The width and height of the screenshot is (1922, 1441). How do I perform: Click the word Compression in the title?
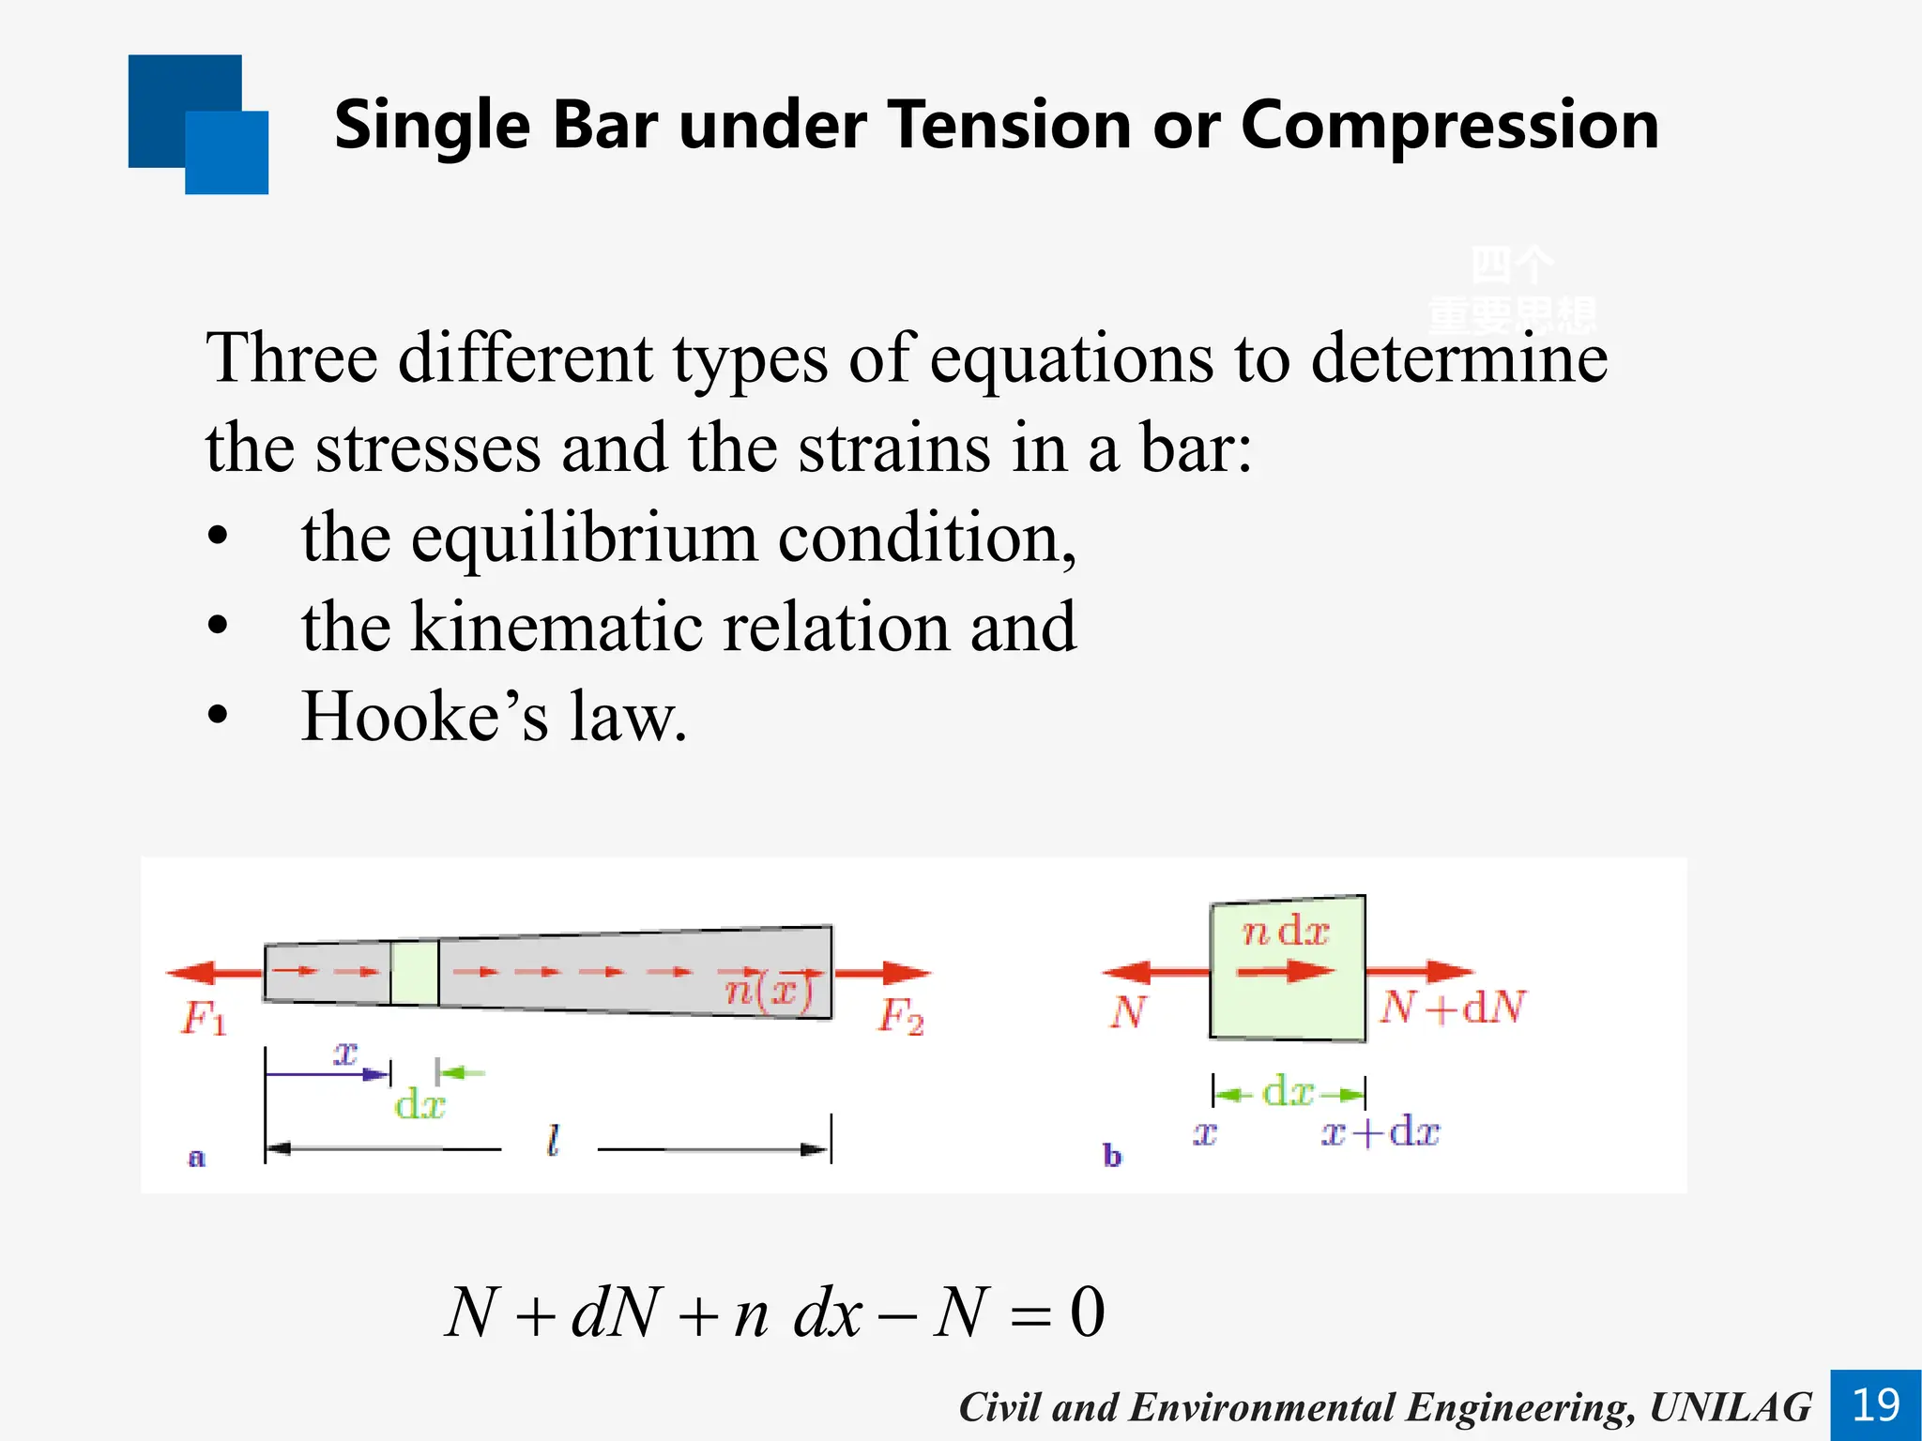1450,125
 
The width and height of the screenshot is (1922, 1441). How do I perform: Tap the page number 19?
1875,1405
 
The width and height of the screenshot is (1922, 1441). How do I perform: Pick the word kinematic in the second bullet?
556,627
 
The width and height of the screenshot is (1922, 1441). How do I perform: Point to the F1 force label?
204,1018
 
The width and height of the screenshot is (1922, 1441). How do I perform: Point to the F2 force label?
901,1016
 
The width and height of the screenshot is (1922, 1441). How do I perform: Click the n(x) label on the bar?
768,991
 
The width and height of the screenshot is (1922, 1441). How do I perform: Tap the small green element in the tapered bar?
414,973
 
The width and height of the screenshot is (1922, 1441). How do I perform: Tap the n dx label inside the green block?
1285,932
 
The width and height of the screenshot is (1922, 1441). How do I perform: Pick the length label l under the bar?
553,1141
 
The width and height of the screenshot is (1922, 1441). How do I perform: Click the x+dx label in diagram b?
1380,1132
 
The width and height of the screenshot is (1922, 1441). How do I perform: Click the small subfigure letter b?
1112,1156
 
